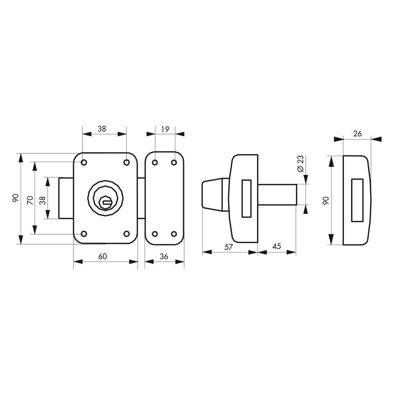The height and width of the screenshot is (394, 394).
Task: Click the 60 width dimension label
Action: [x=103, y=256]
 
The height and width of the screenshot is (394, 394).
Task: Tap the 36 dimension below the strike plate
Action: [x=164, y=257]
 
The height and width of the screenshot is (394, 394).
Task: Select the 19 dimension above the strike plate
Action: [x=165, y=129]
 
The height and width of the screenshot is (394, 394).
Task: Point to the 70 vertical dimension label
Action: [x=30, y=201]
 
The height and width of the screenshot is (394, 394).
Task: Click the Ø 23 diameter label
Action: [x=300, y=164]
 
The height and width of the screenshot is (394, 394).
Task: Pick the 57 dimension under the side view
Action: [x=229, y=247]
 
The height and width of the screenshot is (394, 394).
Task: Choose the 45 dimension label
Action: [x=277, y=246]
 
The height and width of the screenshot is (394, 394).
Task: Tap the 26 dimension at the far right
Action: [x=357, y=133]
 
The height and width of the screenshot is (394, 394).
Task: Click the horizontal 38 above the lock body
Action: [x=102, y=129]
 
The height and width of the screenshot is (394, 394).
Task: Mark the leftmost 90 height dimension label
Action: [x=16, y=198]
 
